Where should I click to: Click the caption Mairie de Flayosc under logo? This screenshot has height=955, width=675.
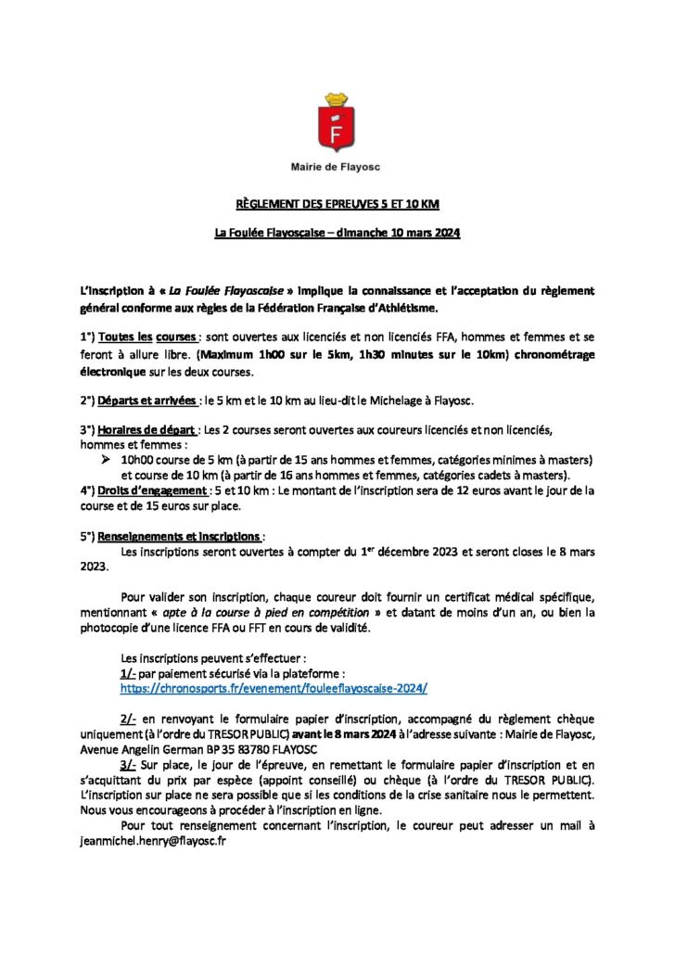(336, 167)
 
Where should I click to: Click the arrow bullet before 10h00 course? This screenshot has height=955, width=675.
(105, 460)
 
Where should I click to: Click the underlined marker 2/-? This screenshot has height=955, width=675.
(131, 719)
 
